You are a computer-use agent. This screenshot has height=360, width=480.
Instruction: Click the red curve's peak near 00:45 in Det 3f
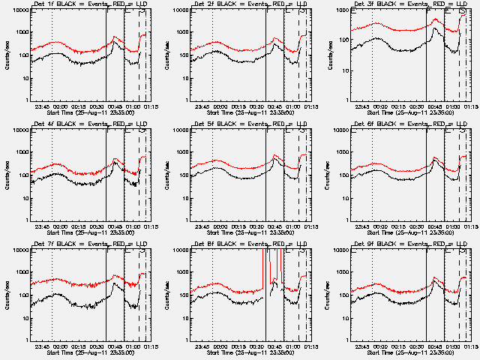click(x=436, y=20)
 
